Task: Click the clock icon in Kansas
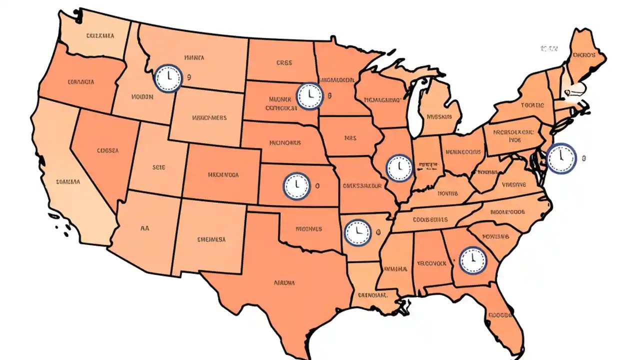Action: click(x=297, y=185)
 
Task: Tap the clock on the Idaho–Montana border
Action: click(x=169, y=78)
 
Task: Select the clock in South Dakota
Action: click(x=309, y=96)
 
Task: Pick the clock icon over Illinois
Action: click(x=399, y=167)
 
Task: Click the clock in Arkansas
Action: click(x=358, y=232)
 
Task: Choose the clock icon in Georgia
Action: click(x=472, y=260)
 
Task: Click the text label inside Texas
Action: click(x=284, y=282)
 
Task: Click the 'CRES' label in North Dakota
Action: click(x=284, y=63)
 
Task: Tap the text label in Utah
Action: click(x=158, y=168)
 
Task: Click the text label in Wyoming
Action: click(x=209, y=118)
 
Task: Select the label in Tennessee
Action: click(x=430, y=219)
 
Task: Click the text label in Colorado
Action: click(x=222, y=175)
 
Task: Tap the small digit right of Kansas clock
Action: click(x=317, y=185)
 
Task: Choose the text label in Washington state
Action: click(x=100, y=36)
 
